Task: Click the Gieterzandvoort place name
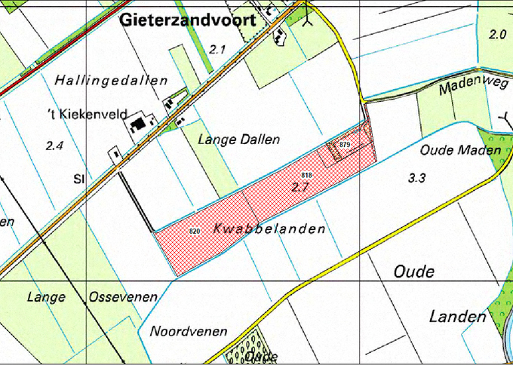pyautogui.click(x=188, y=23)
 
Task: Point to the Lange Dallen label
pyautogui.click(x=238, y=140)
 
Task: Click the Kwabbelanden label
pyautogui.click(x=269, y=229)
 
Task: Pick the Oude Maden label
pyautogui.click(x=460, y=151)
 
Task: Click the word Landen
pyautogui.click(x=457, y=317)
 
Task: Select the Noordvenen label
pyautogui.click(x=184, y=331)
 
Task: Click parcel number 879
pyautogui.click(x=346, y=143)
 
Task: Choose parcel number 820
pyautogui.click(x=194, y=230)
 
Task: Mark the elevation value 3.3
pyautogui.click(x=417, y=179)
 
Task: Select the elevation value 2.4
pyautogui.click(x=54, y=146)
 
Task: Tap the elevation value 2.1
pyautogui.click(x=218, y=50)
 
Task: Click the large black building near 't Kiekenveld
pyautogui.click(x=139, y=124)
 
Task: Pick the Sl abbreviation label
pyautogui.click(x=78, y=179)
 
